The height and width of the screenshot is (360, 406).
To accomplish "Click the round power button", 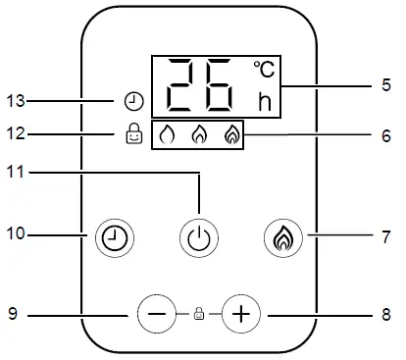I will point(199,236).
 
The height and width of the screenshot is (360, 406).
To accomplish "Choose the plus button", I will point(240,314).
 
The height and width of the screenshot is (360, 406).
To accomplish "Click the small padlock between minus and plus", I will point(198,315).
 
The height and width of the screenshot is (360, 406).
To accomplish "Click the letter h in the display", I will point(264,101).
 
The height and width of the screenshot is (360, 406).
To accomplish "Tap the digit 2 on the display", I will point(184,86).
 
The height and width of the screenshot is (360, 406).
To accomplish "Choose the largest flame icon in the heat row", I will point(232,136).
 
